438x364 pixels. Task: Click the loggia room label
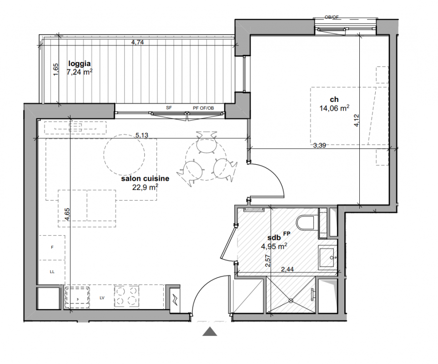tap(80, 64)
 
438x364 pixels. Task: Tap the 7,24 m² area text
tap(80, 72)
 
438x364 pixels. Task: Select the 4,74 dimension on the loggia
tap(137, 42)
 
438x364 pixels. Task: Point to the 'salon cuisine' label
tap(145, 178)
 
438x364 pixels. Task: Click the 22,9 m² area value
tap(145, 187)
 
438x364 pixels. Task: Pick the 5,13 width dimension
tap(142, 135)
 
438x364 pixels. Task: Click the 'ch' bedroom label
tap(334, 99)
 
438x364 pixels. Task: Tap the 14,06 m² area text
tap(334, 108)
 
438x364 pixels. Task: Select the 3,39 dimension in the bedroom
tap(320, 145)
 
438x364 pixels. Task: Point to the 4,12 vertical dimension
tap(357, 121)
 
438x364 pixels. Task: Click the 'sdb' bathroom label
tap(274, 238)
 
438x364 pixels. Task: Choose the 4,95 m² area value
tap(274, 247)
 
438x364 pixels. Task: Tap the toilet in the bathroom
tap(306, 223)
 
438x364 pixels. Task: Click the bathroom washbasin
tap(327, 257)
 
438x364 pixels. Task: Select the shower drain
tap(291, 301)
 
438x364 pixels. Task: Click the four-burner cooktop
tap(126, 296)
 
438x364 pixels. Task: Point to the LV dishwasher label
tap(102, 298)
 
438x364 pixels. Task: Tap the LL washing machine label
tap(52, 272)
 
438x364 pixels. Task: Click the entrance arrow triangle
tap(210, 331)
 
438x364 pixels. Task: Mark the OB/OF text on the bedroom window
tap(332, 17)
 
